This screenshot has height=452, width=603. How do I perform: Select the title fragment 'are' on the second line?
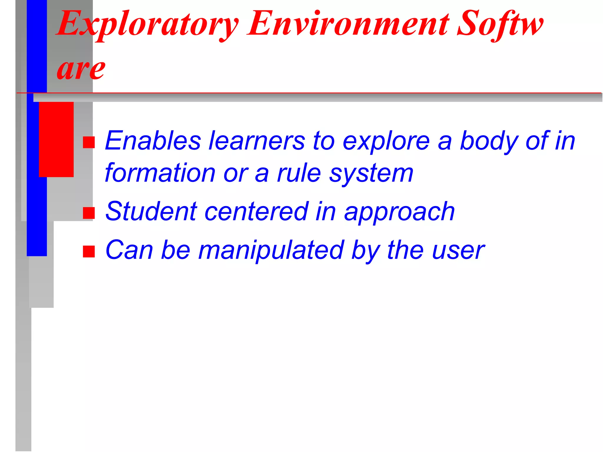click(81, 69)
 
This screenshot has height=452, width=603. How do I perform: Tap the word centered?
click(256, 212)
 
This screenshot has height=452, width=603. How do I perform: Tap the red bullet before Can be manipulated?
click(89, 252)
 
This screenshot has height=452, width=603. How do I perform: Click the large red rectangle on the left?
click(56, 139)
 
